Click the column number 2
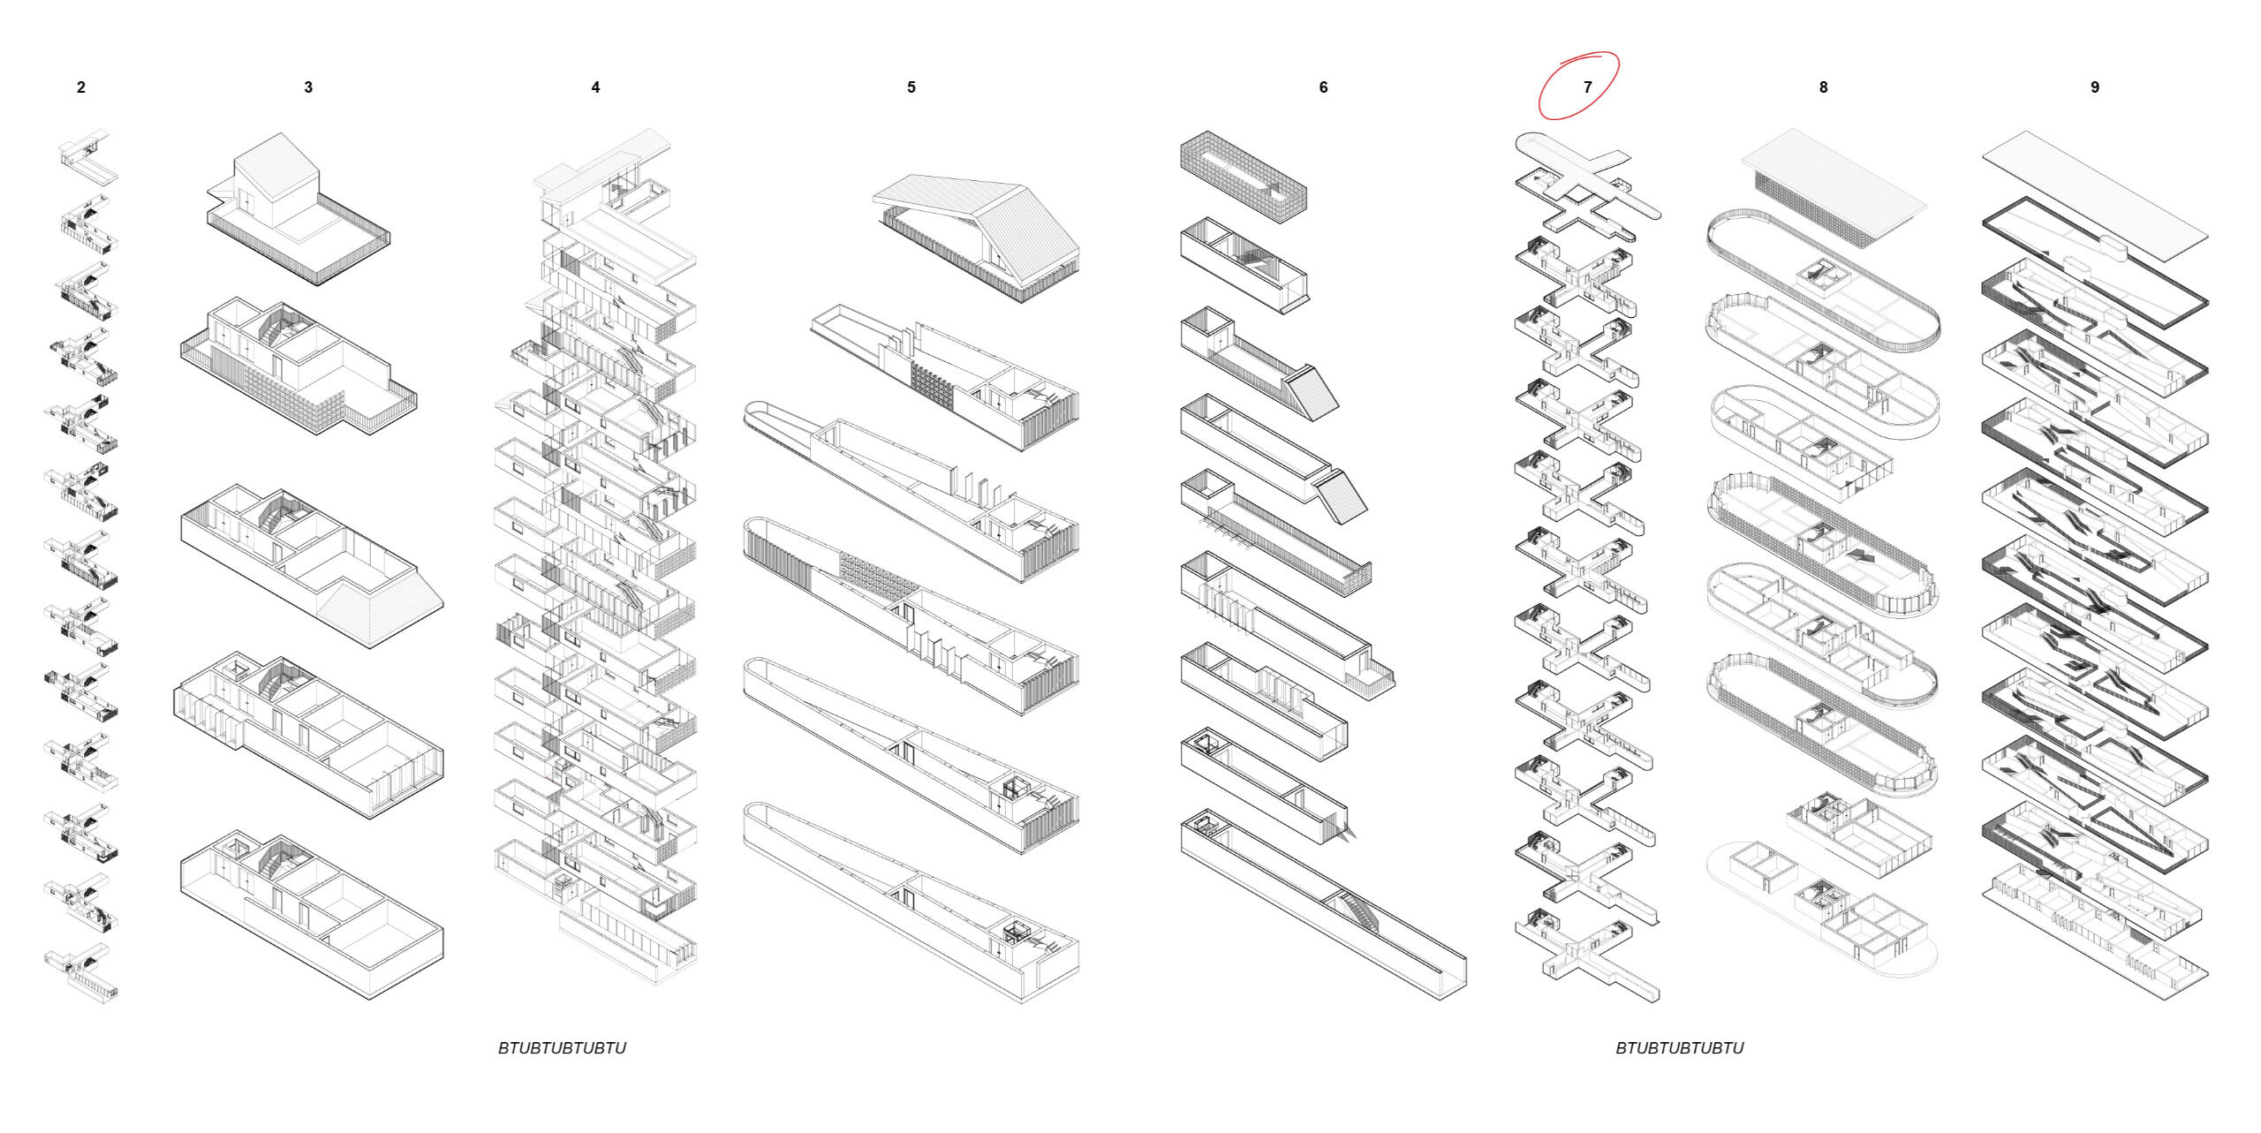point(81,87)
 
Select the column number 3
point(308,87)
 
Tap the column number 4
point(595,87)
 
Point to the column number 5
point(911,87)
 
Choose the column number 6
point(1323,87)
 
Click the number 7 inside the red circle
point(1587,87)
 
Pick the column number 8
point(1823,87)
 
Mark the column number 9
point(2094,87)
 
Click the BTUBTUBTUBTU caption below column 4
point(562,1048)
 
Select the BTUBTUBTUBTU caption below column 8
point(1679,1048)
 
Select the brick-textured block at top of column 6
point(1243,172)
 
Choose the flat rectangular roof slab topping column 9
point(2095,185)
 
